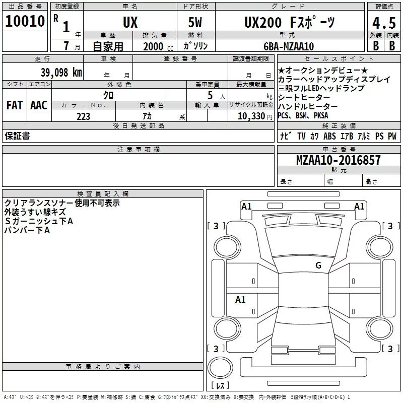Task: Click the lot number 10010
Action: click(25, 22)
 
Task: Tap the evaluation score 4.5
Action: click(383, 23)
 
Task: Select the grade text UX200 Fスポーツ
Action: click(289, 23)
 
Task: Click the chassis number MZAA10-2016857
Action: click(339, 160)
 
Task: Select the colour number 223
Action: click(83, 116)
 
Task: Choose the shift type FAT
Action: click(14, 105)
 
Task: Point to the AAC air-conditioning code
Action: click(38, 105)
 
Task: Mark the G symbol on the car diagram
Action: click(318, 265)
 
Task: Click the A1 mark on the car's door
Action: click(240, 300)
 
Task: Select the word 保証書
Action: click(17, 136)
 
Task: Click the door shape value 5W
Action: click(196, 23)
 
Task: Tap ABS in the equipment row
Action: click(329, 136)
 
